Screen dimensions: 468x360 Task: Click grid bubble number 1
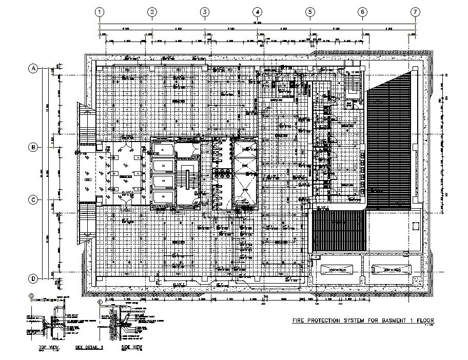point(100,12)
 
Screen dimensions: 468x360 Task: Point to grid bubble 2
point(152,12)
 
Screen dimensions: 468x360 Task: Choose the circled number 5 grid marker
point(310,12)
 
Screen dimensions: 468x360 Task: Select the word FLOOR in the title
point(423,321)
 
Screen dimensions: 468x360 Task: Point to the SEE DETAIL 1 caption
point(89,347)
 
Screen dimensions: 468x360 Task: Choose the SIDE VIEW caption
point(131,347)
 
